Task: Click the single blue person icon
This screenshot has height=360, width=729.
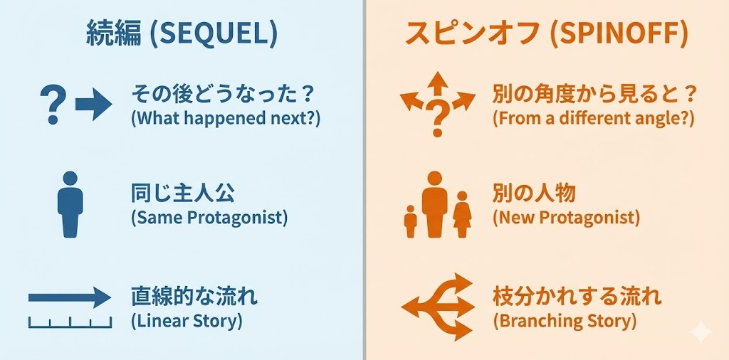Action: click(x=70, y=204)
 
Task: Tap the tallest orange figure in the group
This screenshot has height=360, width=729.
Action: click(x=435, y=204)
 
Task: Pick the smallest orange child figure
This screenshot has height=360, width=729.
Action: click(x=411, y=222)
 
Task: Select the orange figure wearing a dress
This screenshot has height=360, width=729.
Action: click(x=462, y=215)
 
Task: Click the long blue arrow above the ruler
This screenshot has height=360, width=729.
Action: click(x=70, y=297)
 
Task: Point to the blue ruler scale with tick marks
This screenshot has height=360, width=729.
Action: click(x=70, y=322)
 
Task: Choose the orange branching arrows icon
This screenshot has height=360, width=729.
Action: click(x=438, y=307)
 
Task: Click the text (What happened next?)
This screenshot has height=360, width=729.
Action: click(x=226, y=120)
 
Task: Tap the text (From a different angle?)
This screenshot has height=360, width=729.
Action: click(x=594, y=120)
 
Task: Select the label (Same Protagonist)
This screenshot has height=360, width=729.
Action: click(x=209, y=218)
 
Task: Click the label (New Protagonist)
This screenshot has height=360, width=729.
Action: click(x=566, y=218)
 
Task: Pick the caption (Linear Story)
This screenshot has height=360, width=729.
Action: click(x=187, y=321)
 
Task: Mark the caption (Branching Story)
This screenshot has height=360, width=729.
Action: click(x=564, y=321)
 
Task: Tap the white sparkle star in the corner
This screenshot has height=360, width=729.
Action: click(x=701, y=332)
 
